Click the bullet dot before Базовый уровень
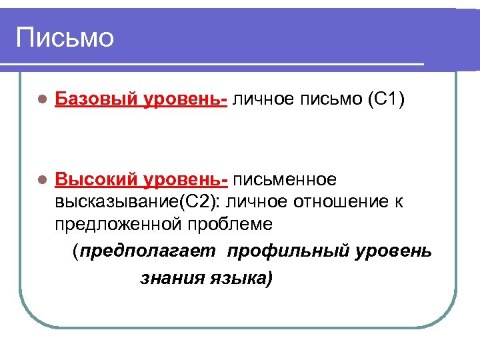(x=41, y=100)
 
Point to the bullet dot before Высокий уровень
(x=41, y=180)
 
